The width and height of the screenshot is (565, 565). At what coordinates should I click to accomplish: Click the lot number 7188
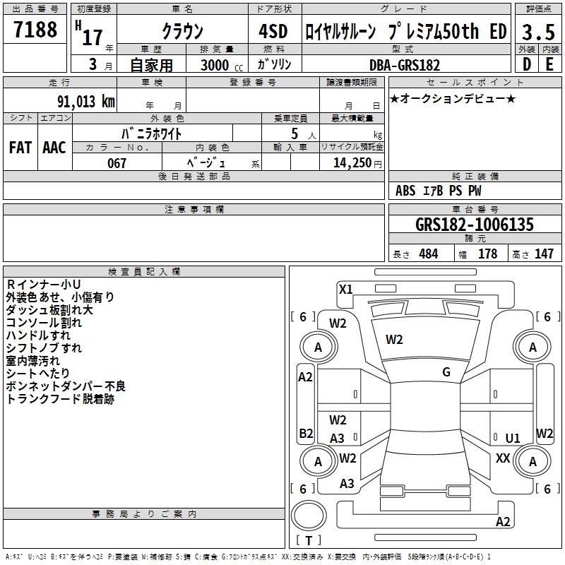coord(35,29)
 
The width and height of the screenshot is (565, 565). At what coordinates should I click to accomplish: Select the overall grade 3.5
coord(538,32)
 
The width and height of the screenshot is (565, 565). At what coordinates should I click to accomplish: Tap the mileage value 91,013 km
coord(86,102)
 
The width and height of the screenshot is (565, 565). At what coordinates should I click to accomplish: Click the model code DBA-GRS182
coord(405,65)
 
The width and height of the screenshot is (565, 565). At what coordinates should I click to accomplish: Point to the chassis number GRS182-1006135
coord(475,225)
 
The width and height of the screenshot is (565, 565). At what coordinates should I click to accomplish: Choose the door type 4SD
coord(273,31)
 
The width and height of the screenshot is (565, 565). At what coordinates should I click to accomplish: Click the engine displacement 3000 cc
coord(222,65)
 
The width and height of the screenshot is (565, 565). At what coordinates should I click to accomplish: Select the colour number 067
coord(117,163)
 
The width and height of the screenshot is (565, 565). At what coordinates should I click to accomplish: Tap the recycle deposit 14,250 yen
coord(357,163)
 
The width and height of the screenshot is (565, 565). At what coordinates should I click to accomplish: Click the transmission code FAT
coord(20,148)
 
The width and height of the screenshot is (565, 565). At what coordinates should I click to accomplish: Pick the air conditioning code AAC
coord(54,148)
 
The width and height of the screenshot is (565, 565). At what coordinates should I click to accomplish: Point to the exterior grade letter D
coord(527,64)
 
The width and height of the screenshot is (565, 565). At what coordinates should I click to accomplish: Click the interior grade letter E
coord(549,64)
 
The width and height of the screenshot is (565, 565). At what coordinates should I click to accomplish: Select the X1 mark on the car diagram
coord(345,290)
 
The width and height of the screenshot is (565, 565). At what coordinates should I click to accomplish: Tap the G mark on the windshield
coord(446,372)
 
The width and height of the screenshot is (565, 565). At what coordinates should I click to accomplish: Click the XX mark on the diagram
coord(503,458)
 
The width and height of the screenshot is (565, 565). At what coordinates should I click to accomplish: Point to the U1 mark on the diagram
coord(513,438)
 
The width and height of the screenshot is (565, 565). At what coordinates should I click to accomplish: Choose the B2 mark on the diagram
coord(306,433)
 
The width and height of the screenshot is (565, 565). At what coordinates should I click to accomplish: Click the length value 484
coord(429,254)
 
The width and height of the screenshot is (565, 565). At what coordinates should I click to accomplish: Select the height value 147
coord(544,254)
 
